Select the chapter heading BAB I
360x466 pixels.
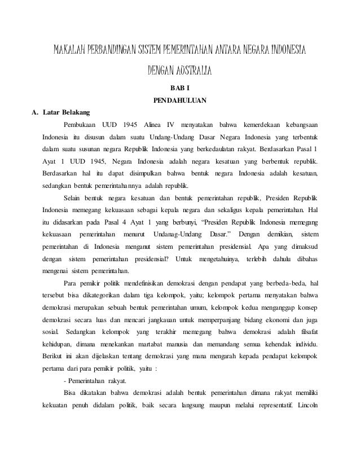[x=179, y=89]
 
